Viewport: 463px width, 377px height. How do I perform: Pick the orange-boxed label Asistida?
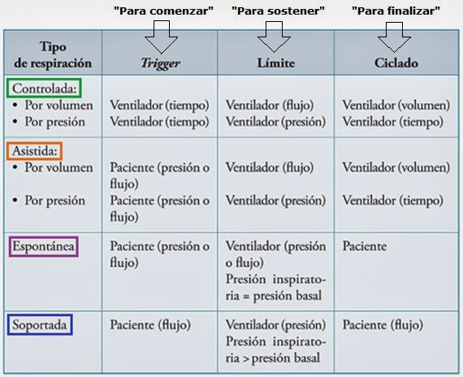click(x=35, y=150)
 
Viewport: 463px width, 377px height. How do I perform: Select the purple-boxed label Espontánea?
click(x=42, y=245)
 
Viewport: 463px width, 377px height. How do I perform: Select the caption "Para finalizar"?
click(x=396, y=11)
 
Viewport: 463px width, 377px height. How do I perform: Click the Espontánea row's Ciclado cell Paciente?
click(x=365, y=245)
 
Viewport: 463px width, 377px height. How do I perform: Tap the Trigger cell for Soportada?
click(x=150, y=325)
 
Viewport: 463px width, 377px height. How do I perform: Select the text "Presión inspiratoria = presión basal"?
click(x=275, y=287)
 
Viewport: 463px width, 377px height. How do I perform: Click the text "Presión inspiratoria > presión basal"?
click(x=275, y=350)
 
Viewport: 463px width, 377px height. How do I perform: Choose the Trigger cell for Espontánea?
click(x=159, y=253)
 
